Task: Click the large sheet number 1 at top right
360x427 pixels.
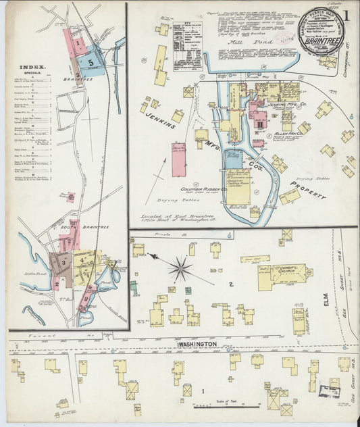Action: (346, 15)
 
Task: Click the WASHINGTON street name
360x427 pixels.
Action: (197, 344)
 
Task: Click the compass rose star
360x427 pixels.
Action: (180, 268)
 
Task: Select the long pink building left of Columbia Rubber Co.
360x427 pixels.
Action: (179, 159)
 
